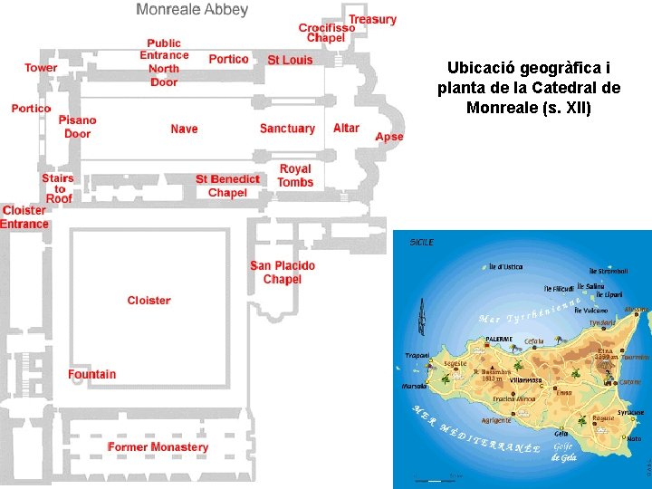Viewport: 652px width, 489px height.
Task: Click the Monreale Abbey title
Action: [x=192, y=10]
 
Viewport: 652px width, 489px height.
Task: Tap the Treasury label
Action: [x=372, y=19]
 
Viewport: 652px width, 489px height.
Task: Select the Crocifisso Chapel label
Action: [x=326, y=33]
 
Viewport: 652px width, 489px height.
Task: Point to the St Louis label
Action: [x=290, y=60]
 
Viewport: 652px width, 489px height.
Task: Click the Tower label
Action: [x=41, y=68]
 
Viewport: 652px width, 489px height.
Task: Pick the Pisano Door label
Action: [x=78, y=127]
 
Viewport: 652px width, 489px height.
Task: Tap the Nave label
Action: [x=184, y=129]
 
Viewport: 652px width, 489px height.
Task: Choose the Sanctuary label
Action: [x=287, y=129]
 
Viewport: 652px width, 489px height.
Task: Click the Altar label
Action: [x=346, y=128]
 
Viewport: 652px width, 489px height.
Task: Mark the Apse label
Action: [x=389, y=137]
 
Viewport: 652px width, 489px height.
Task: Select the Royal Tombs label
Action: [x=295, y=176]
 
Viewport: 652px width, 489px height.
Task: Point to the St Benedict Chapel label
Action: [x=227, y=186]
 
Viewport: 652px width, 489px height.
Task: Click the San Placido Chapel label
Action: [x=283, y=273]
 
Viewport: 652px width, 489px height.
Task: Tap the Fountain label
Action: [x=91, y=374]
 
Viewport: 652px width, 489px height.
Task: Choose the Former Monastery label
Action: [x=158, y=447]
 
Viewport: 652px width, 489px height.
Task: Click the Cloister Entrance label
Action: [x=24, y=217]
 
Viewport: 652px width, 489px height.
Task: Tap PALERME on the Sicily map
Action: [x=499, y=339]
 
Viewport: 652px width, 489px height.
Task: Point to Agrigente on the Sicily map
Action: [x=495, y=420]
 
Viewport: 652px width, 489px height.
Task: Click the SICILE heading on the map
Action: [x=422, y=243]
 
